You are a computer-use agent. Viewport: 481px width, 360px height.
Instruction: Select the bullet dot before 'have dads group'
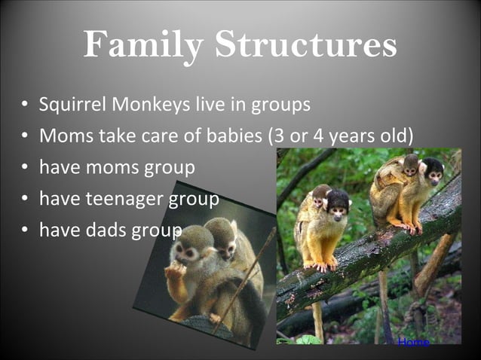coord(26,230)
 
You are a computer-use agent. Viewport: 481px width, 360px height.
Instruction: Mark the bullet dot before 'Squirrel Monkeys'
coord(26,105)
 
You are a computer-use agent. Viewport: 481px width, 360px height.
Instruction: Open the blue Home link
coord(413,343)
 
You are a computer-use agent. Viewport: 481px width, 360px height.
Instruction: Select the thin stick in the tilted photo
coord(250,279)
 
